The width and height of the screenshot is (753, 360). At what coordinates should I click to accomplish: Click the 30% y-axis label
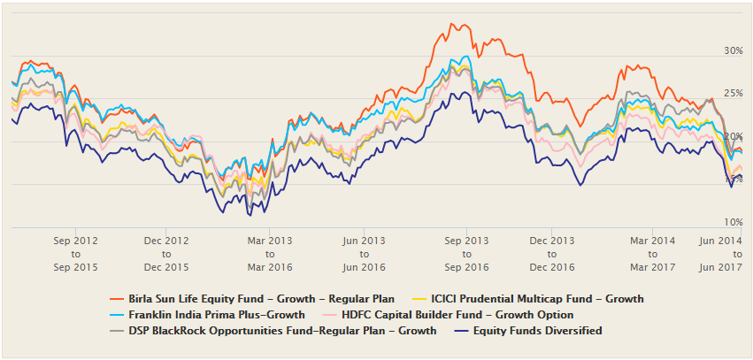(732, 50)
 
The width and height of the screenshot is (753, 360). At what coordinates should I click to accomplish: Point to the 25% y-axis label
(732, 93)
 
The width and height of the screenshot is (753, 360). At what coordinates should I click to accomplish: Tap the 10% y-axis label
(732, 222)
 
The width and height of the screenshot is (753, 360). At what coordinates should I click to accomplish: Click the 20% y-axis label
(732, 136)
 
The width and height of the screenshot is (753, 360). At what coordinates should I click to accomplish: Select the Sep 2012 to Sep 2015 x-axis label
(75, 254)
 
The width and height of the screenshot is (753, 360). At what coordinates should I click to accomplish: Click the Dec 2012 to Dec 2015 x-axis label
(167, 254)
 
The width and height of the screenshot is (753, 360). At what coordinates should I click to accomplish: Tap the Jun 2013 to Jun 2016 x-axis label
(364, 254)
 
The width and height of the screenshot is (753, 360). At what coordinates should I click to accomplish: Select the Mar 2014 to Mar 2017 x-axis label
(652, 254)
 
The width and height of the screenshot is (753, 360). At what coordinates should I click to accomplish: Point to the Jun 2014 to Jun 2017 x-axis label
(719, 254)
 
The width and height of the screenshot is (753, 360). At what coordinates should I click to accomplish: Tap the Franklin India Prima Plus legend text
(217, 314)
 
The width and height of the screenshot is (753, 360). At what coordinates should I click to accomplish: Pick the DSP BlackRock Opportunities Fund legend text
(282, 330)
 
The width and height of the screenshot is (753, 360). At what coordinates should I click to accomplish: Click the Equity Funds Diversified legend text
(537, 330)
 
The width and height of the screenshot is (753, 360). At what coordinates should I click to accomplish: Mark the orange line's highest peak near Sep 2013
(453, 24)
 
